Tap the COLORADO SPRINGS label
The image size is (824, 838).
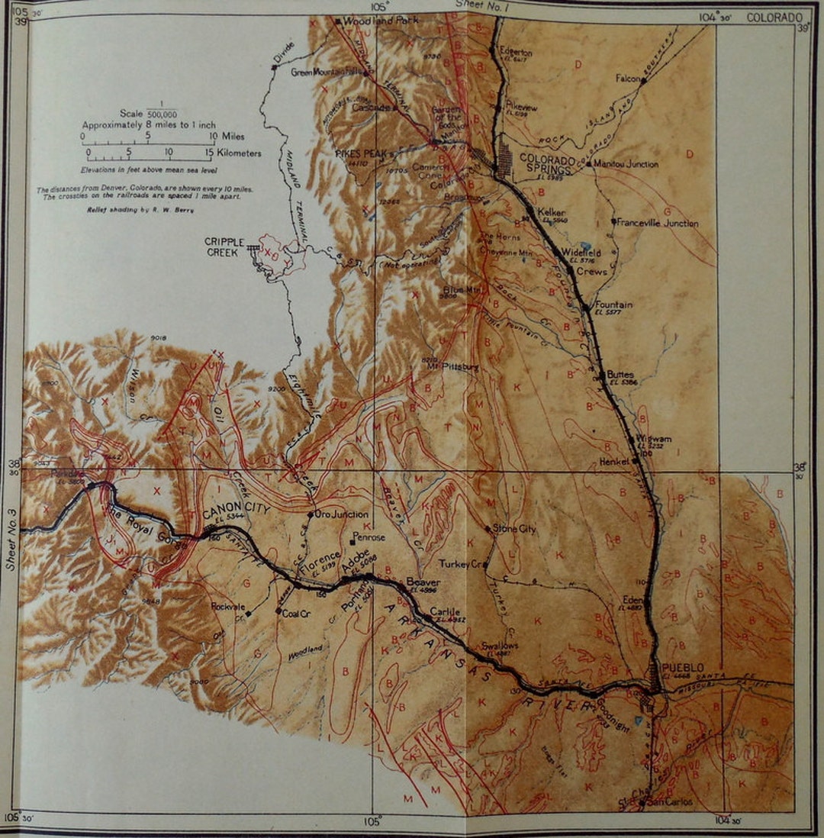tap(548, 164)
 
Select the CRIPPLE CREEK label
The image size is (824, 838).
tap(224, 247)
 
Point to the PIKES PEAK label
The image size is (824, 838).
tap(362, 153)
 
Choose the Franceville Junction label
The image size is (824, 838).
tap(658, 223)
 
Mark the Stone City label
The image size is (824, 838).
tap(515, 528)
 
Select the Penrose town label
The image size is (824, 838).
tap(369, 537)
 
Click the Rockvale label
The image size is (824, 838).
tap(229, 608)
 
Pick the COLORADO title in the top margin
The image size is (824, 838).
tap(774, 17)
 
